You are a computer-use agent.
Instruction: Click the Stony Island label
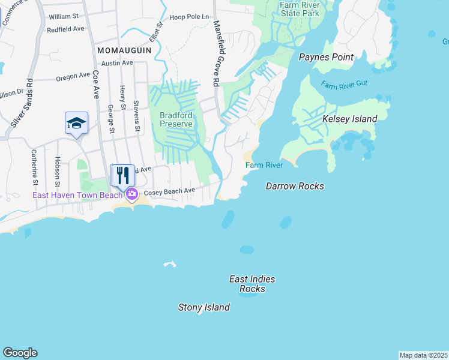point(204,308)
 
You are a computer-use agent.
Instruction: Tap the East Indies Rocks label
point(252,284)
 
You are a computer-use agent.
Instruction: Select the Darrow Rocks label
point(295,187)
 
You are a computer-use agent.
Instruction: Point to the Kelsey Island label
point(350,119)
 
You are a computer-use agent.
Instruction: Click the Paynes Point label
point(325,56)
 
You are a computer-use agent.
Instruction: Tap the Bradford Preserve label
point(176,119)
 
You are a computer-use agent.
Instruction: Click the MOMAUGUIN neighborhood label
point(124,50)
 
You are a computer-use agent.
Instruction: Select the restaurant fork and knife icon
point(123,175)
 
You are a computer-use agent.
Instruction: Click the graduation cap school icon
point(76,124)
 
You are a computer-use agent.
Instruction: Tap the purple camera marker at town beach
point(131,194)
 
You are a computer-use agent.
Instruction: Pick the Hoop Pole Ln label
point(188,17)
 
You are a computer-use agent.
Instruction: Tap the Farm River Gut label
point(343,85)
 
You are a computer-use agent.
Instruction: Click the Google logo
point(20,353)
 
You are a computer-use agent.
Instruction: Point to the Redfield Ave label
point(67,29)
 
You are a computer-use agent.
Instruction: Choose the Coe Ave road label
point(95,84)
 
